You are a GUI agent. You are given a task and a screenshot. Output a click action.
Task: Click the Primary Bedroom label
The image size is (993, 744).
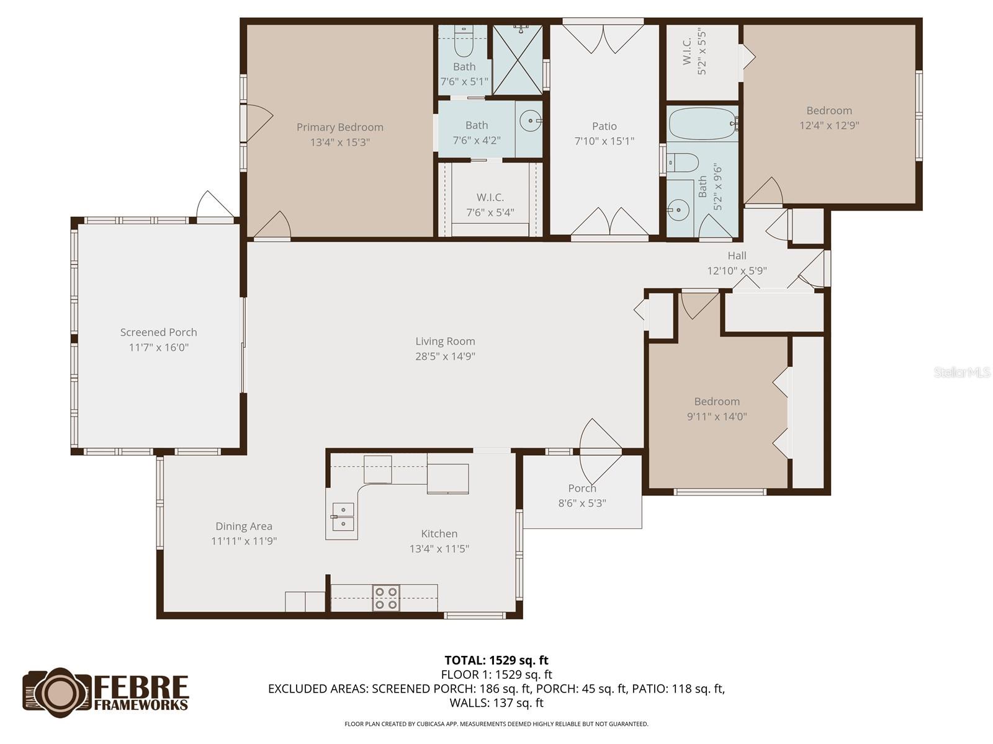(x=339, y=127)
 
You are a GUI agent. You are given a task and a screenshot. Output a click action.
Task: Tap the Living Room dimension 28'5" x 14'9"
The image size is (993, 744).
(x=445, y=356)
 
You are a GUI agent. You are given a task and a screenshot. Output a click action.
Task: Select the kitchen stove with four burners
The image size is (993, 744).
(x=385, y=598)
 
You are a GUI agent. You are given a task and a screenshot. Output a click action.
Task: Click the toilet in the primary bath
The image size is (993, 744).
(x=464, y=43)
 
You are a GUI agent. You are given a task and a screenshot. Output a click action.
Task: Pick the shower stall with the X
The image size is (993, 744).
(x=518, y=60)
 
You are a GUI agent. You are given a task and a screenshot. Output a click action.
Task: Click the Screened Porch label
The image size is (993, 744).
(x=158, y=332)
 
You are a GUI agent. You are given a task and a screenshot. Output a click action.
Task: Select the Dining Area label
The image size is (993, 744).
(x=244, y=526)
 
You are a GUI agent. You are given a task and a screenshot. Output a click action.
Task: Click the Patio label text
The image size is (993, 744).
(x=604, y=126)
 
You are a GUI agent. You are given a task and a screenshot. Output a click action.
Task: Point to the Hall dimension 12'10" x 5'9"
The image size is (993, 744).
(x=737, y=271)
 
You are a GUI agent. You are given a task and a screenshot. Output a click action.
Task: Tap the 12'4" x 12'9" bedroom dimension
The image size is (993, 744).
(x=829, y=125)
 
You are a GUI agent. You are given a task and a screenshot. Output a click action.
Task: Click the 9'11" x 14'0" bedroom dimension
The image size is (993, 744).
(x=717, y=417)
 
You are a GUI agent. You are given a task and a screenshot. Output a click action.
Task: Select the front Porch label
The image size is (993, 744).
(x=582, y=489)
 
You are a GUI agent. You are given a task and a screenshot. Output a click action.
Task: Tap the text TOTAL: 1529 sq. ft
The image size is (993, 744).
(x=496, y=660)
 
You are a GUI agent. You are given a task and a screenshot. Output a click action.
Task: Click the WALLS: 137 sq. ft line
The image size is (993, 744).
(x=496, y=703)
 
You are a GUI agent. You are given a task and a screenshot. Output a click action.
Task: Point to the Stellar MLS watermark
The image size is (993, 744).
(x=962, y=373)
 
